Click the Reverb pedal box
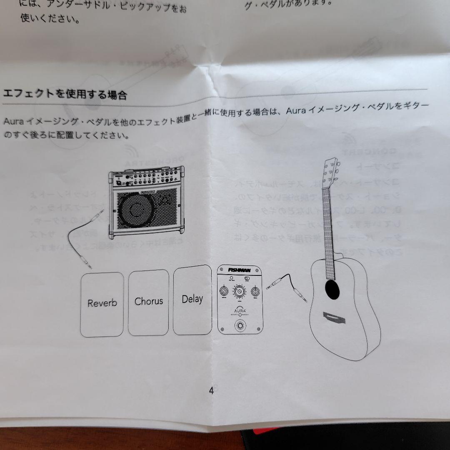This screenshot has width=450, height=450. coord(102,304)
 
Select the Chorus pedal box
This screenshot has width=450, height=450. coord(148,302)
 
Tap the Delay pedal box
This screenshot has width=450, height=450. coord(192,299)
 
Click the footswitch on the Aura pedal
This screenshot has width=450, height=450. coord(240,325)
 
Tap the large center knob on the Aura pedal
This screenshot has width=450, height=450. coord(239,292)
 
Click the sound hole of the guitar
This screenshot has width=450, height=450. coord(332,289)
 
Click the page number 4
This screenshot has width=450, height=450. coord(211,390)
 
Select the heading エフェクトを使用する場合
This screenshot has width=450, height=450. coord(65,94)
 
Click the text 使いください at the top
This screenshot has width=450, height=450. coord(50,19)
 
